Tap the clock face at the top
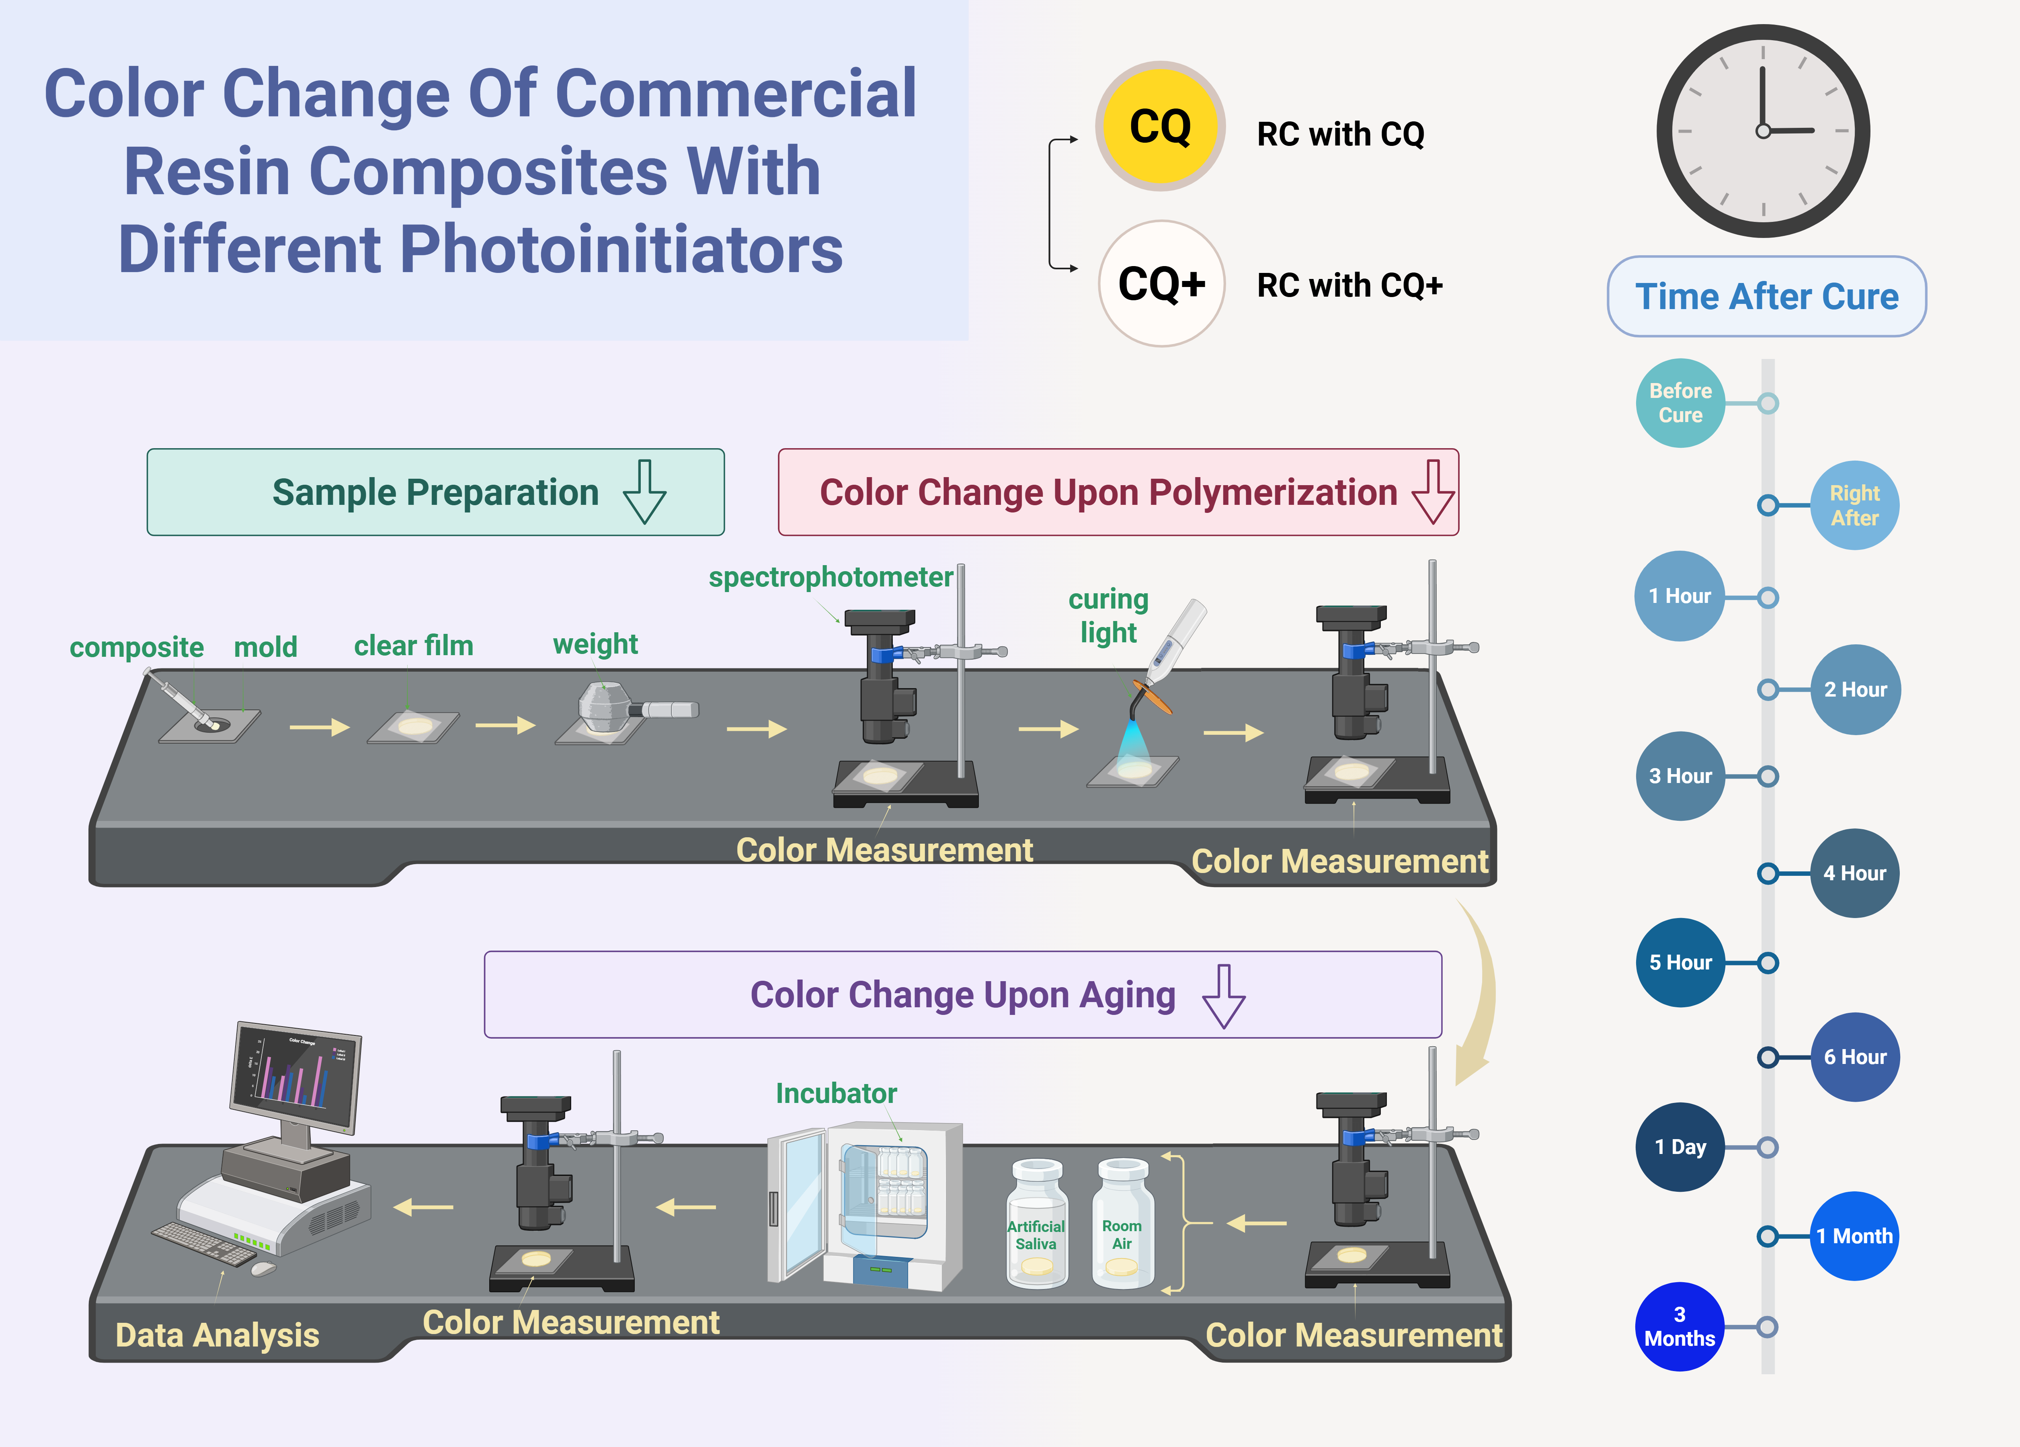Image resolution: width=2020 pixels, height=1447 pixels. pos(1763,131)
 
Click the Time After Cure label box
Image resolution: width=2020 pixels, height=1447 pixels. pos(1766,297)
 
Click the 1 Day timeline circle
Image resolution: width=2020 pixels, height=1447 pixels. pos(1680,1147)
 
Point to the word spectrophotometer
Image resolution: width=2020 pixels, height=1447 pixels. pos(830,577)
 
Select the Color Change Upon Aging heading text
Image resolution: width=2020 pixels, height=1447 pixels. pos(962,995)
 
